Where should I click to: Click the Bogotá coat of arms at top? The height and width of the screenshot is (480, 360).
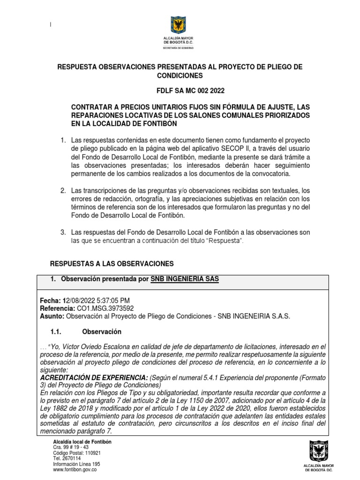pyautogui.click(x=180, y=25)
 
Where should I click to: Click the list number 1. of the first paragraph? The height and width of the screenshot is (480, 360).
pyautogui.click(x=63, y=141)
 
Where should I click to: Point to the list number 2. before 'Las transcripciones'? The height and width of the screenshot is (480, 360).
pyautogui.click(x=63, y=190)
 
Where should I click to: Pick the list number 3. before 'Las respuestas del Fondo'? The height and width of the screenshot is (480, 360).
pyautogui.click(x=63, y=232)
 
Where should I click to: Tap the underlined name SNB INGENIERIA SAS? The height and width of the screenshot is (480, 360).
pyautogui.click(x=184, y=279)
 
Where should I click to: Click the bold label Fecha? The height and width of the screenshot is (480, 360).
pyautogui.click(x=49, y=300)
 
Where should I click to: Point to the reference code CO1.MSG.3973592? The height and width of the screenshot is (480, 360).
pyautogui.click(x=108, y=308)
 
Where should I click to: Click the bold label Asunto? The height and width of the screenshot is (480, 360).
pyautogui.click(x=52, y=316)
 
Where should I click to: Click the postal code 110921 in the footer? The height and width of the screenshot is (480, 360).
pyautogui.click(x=90, y=453)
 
